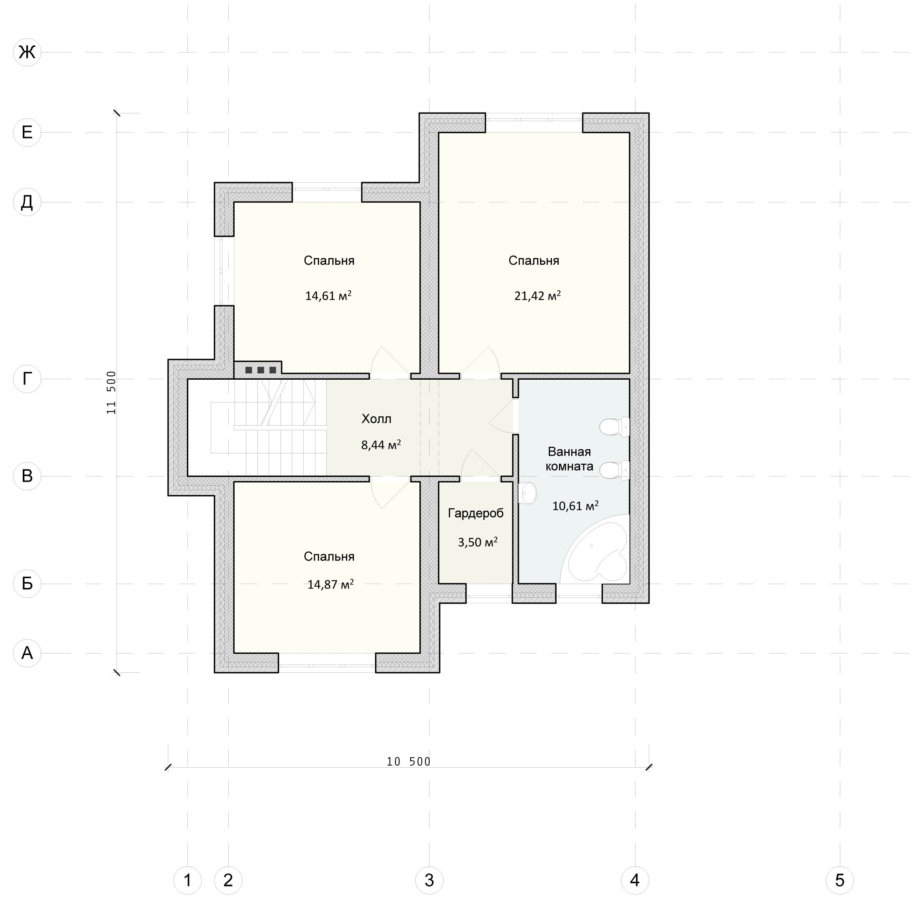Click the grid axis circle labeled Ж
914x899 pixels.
27,52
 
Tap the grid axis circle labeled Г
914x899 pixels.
27,379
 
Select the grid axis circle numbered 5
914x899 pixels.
839,880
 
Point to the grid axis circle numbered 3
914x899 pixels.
429,880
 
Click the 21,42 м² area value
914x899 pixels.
537,296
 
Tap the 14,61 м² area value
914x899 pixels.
328,296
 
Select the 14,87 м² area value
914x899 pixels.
330,584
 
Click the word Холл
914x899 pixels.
376,419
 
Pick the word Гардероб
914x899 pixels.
475,513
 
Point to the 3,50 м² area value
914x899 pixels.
478,542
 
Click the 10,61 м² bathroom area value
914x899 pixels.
575,506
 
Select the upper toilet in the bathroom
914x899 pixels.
615,427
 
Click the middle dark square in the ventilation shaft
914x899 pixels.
260,370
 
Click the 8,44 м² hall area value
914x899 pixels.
381,445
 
